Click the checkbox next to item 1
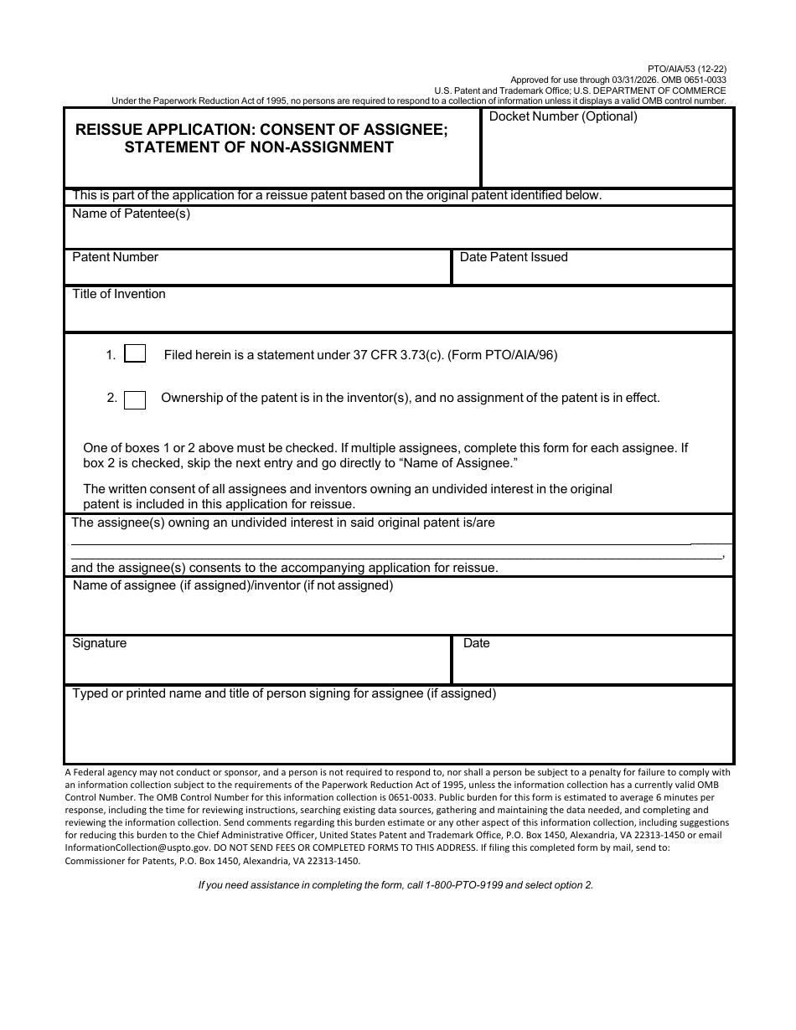pyautogui.click(x=135, y=354)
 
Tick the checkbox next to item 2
pyautogui.click(x=135, y=399)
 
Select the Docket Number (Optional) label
pyautogui.click(x=563, y=117)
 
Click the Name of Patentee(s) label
pyautogui.click(x=132, y=214)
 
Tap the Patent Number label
pyautogui.click(x=115, y=258)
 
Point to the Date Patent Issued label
pyautogui.click(x=513, y=258)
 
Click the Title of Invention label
pyautogui.click(x=119, y=295)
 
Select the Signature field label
pyautogui.click(x=100, y=644)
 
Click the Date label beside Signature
pyautogui.click(x=476, y=644)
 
